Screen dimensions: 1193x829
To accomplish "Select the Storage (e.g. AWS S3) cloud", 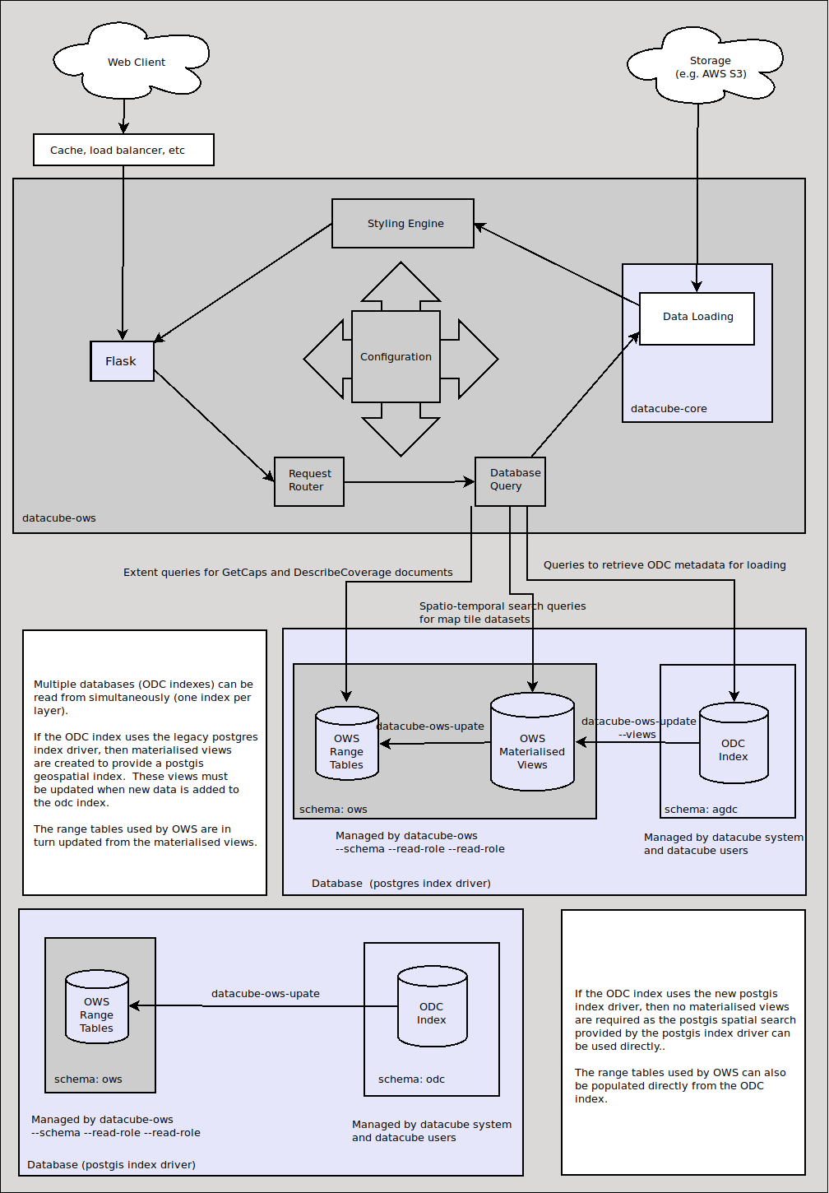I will coord(710,67).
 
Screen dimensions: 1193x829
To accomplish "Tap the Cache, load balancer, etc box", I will coord(123,150).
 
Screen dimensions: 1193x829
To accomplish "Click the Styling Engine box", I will coord(403,223).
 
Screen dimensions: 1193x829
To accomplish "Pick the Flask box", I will coord(122,361).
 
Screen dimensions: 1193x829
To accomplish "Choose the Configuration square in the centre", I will coord(396,357).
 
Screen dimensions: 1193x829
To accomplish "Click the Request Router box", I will coord(309,480).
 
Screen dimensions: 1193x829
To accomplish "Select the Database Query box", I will coord(510,480).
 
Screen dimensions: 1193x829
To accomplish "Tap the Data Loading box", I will coord(697,318).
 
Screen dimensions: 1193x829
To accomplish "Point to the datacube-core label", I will coord(669,409).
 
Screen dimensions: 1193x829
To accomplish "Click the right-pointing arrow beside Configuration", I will coord(474,359).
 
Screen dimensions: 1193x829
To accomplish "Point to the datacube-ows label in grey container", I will coord(59,518).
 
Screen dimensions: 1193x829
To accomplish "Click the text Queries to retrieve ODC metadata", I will coord(665,565).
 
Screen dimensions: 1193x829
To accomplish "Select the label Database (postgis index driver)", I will coord(111,1165).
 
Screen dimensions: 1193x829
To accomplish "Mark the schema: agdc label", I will coord(701,810).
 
